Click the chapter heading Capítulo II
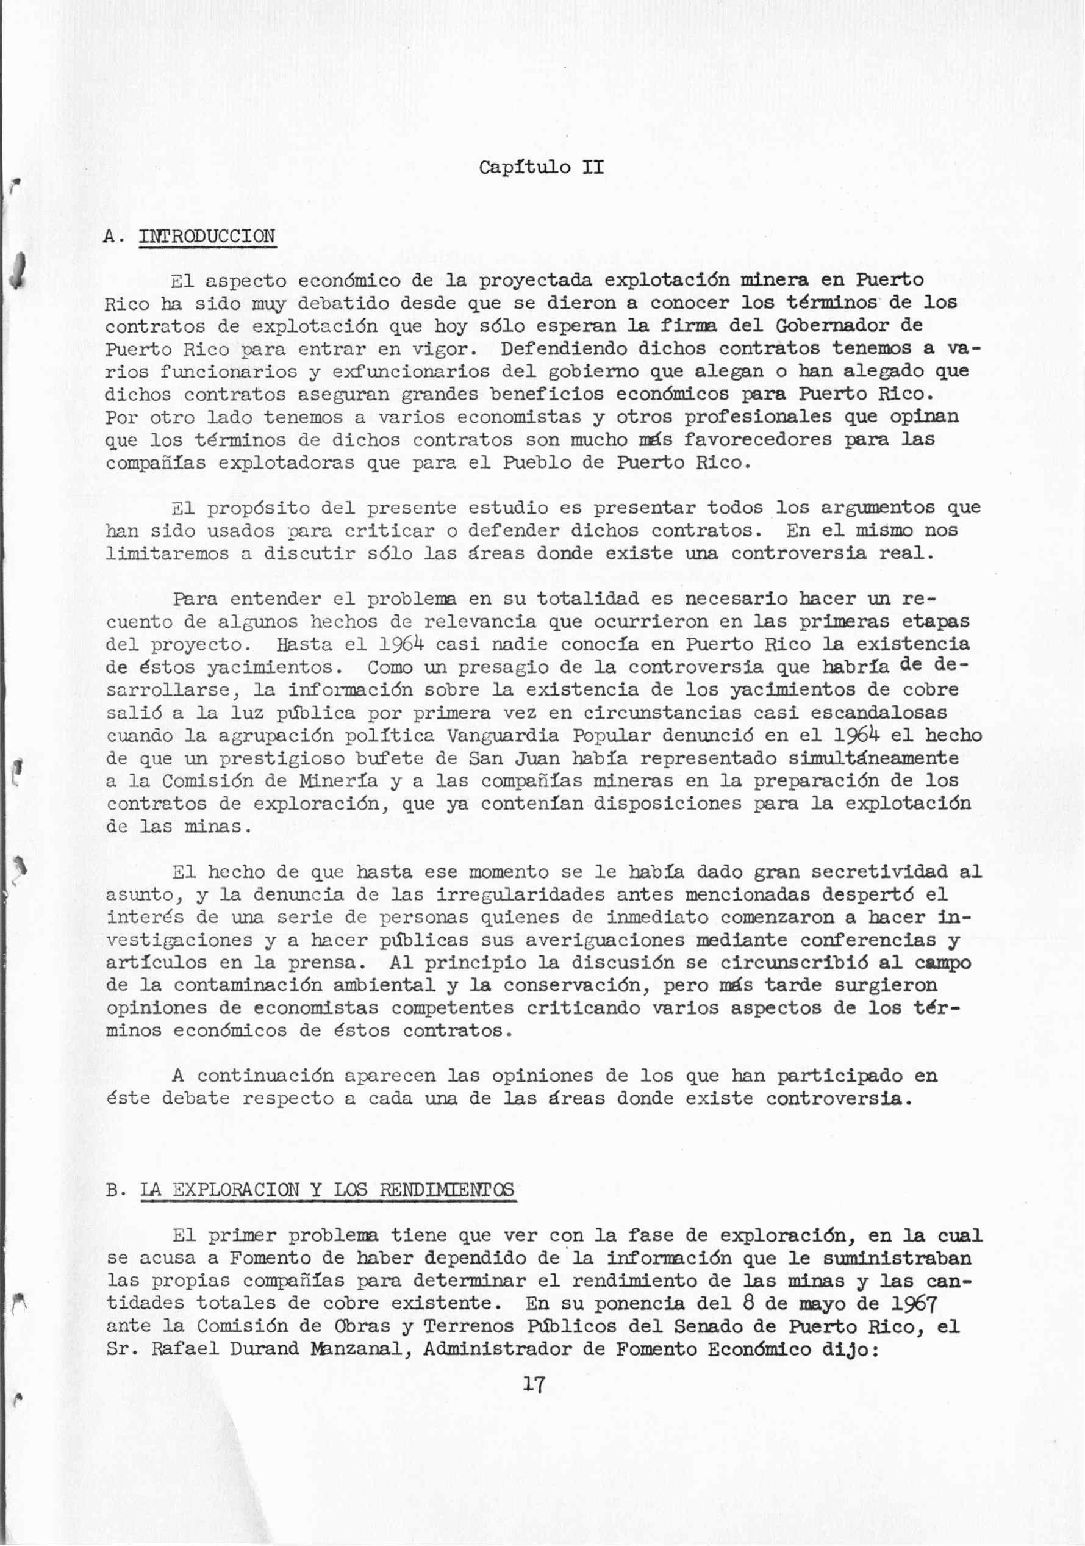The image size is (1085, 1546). point(541,167)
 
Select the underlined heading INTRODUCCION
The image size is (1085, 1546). point(207,236)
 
